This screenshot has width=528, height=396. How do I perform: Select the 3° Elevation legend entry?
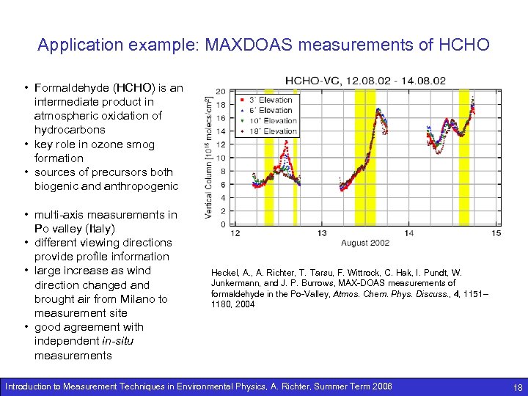tap(268, 100)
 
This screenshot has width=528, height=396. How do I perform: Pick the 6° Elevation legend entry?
tap(268, 111)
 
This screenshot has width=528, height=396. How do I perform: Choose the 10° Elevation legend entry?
tap(268, 121)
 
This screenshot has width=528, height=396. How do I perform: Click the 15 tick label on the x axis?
tap(496, 233)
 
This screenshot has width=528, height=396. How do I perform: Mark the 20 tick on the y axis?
tap(221, 91)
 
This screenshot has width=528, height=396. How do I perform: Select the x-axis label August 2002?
tap(365, 243)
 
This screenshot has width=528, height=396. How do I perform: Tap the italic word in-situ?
tap(120, 342)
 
